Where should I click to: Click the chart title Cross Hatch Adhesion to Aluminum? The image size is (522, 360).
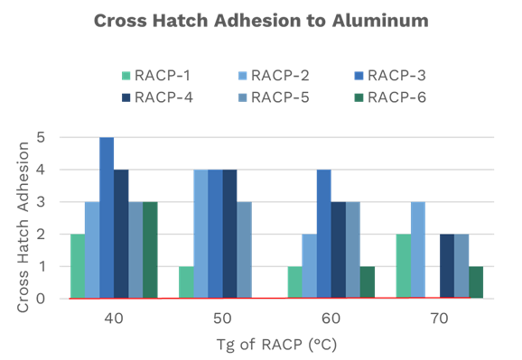260,20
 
